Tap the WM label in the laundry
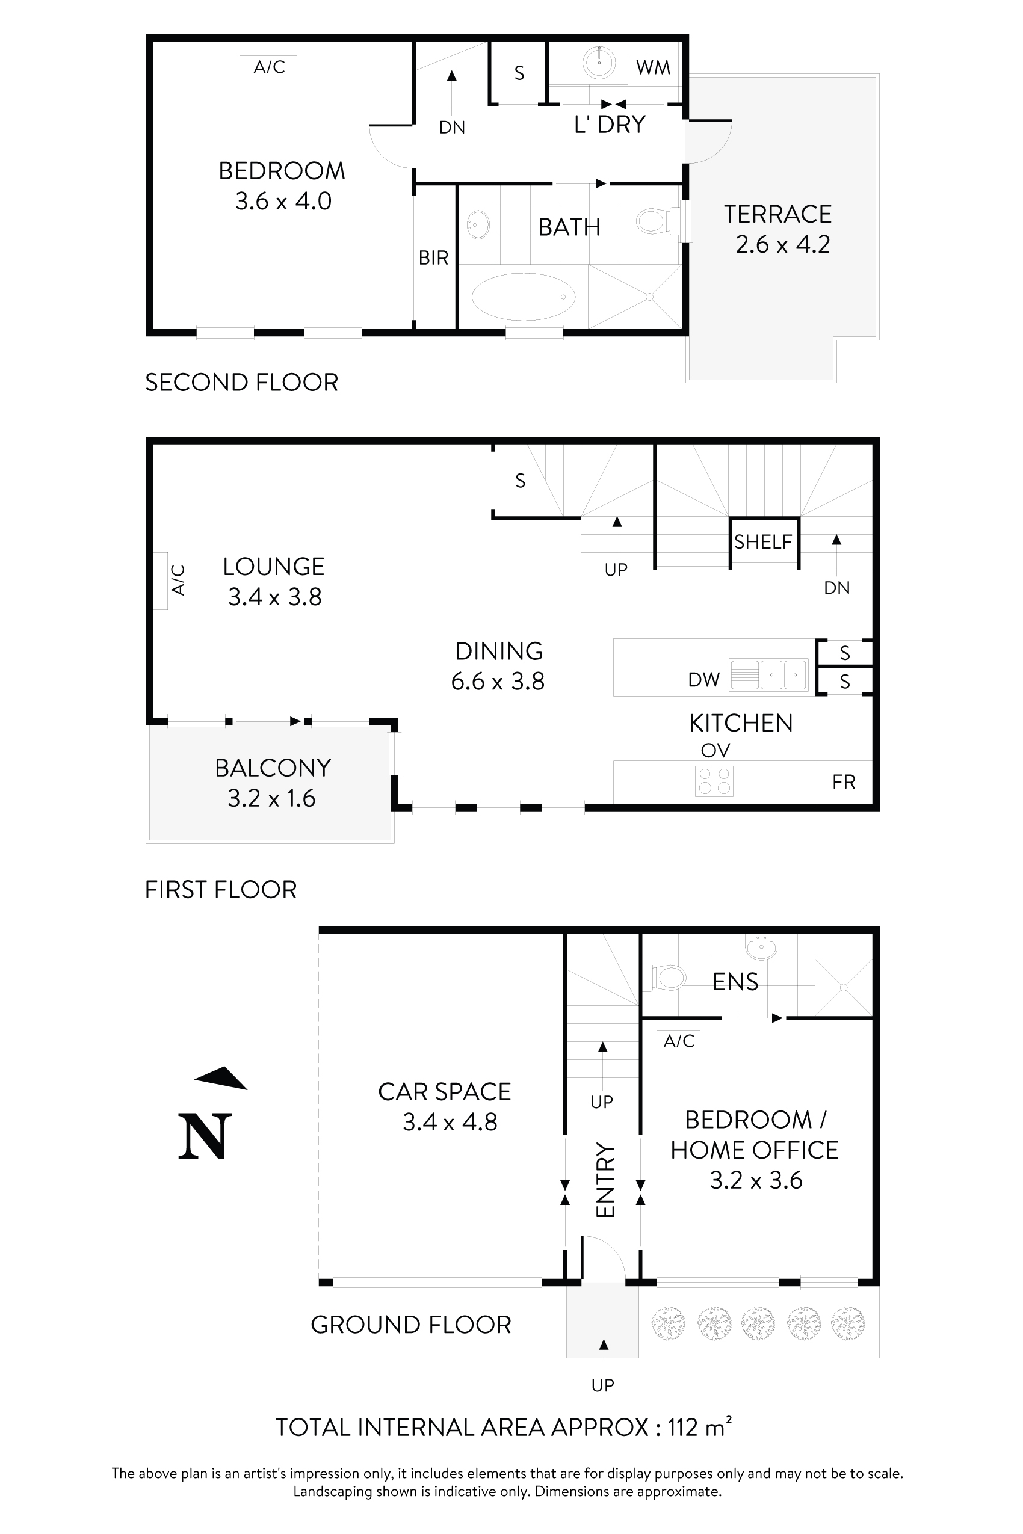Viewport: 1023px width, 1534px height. pos(653,67)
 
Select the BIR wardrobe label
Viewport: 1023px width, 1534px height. pos(434,258)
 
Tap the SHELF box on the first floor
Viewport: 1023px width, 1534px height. pos(763,541)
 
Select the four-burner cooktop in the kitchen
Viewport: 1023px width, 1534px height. pos(714,781)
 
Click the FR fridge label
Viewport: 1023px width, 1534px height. pos(844,781)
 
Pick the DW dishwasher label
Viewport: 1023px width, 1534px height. pos(704,680)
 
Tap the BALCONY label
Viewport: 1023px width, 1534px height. pos(273,768)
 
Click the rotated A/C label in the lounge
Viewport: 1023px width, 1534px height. pos(178,580)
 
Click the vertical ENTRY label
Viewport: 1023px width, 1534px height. pos(606,1179)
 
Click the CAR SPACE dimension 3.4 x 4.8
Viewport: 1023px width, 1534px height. pos(450,1122)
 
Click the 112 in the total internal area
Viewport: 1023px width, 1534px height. pos(683,1427)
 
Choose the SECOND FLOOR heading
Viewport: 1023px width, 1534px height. pos(241,382)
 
